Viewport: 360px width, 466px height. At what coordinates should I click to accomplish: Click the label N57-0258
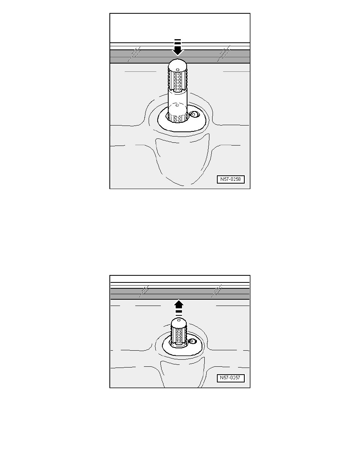[231, 179]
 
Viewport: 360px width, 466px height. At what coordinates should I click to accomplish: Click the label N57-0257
[231, 378]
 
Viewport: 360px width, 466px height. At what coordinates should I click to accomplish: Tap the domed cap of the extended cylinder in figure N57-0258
[178, 64]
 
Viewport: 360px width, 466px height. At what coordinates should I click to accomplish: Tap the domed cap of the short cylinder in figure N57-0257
[178, 322]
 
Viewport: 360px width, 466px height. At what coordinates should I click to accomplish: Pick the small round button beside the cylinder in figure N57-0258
[194, 115]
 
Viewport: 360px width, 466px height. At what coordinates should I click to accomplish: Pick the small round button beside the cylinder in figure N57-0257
[192, 342]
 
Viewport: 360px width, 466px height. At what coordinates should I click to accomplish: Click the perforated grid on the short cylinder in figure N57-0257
[178, 335]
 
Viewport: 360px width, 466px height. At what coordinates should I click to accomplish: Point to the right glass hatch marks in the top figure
[224, 53]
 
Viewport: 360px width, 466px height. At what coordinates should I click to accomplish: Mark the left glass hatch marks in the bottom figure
[144, 291]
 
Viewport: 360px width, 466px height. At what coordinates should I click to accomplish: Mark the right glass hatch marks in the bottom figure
[216, 291]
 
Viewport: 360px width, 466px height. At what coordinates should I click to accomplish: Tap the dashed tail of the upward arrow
[178, 312]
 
